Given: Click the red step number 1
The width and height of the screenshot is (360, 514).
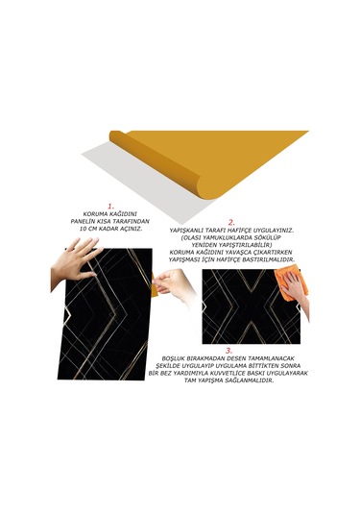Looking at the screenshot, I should (x=110, y=205).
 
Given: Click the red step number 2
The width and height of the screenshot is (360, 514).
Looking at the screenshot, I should (x=230, y=221).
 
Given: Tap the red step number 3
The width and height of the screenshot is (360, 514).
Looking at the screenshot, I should (x=228, y=352).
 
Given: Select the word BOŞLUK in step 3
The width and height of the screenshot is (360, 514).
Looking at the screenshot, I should (x=180, y=361).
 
